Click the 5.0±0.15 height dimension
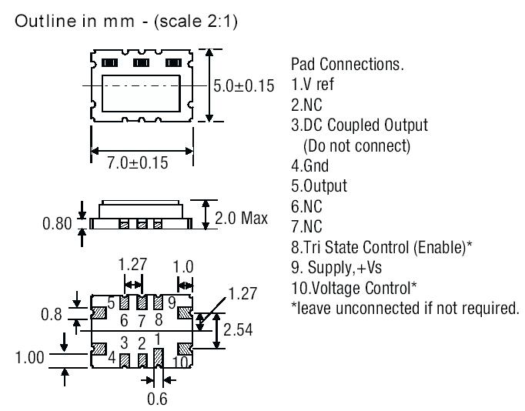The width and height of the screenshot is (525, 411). pos(243,85)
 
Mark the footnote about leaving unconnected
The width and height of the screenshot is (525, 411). pos(405,309)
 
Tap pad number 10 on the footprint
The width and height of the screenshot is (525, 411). pos(182,361)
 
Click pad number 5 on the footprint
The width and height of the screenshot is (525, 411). pos(111,302)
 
